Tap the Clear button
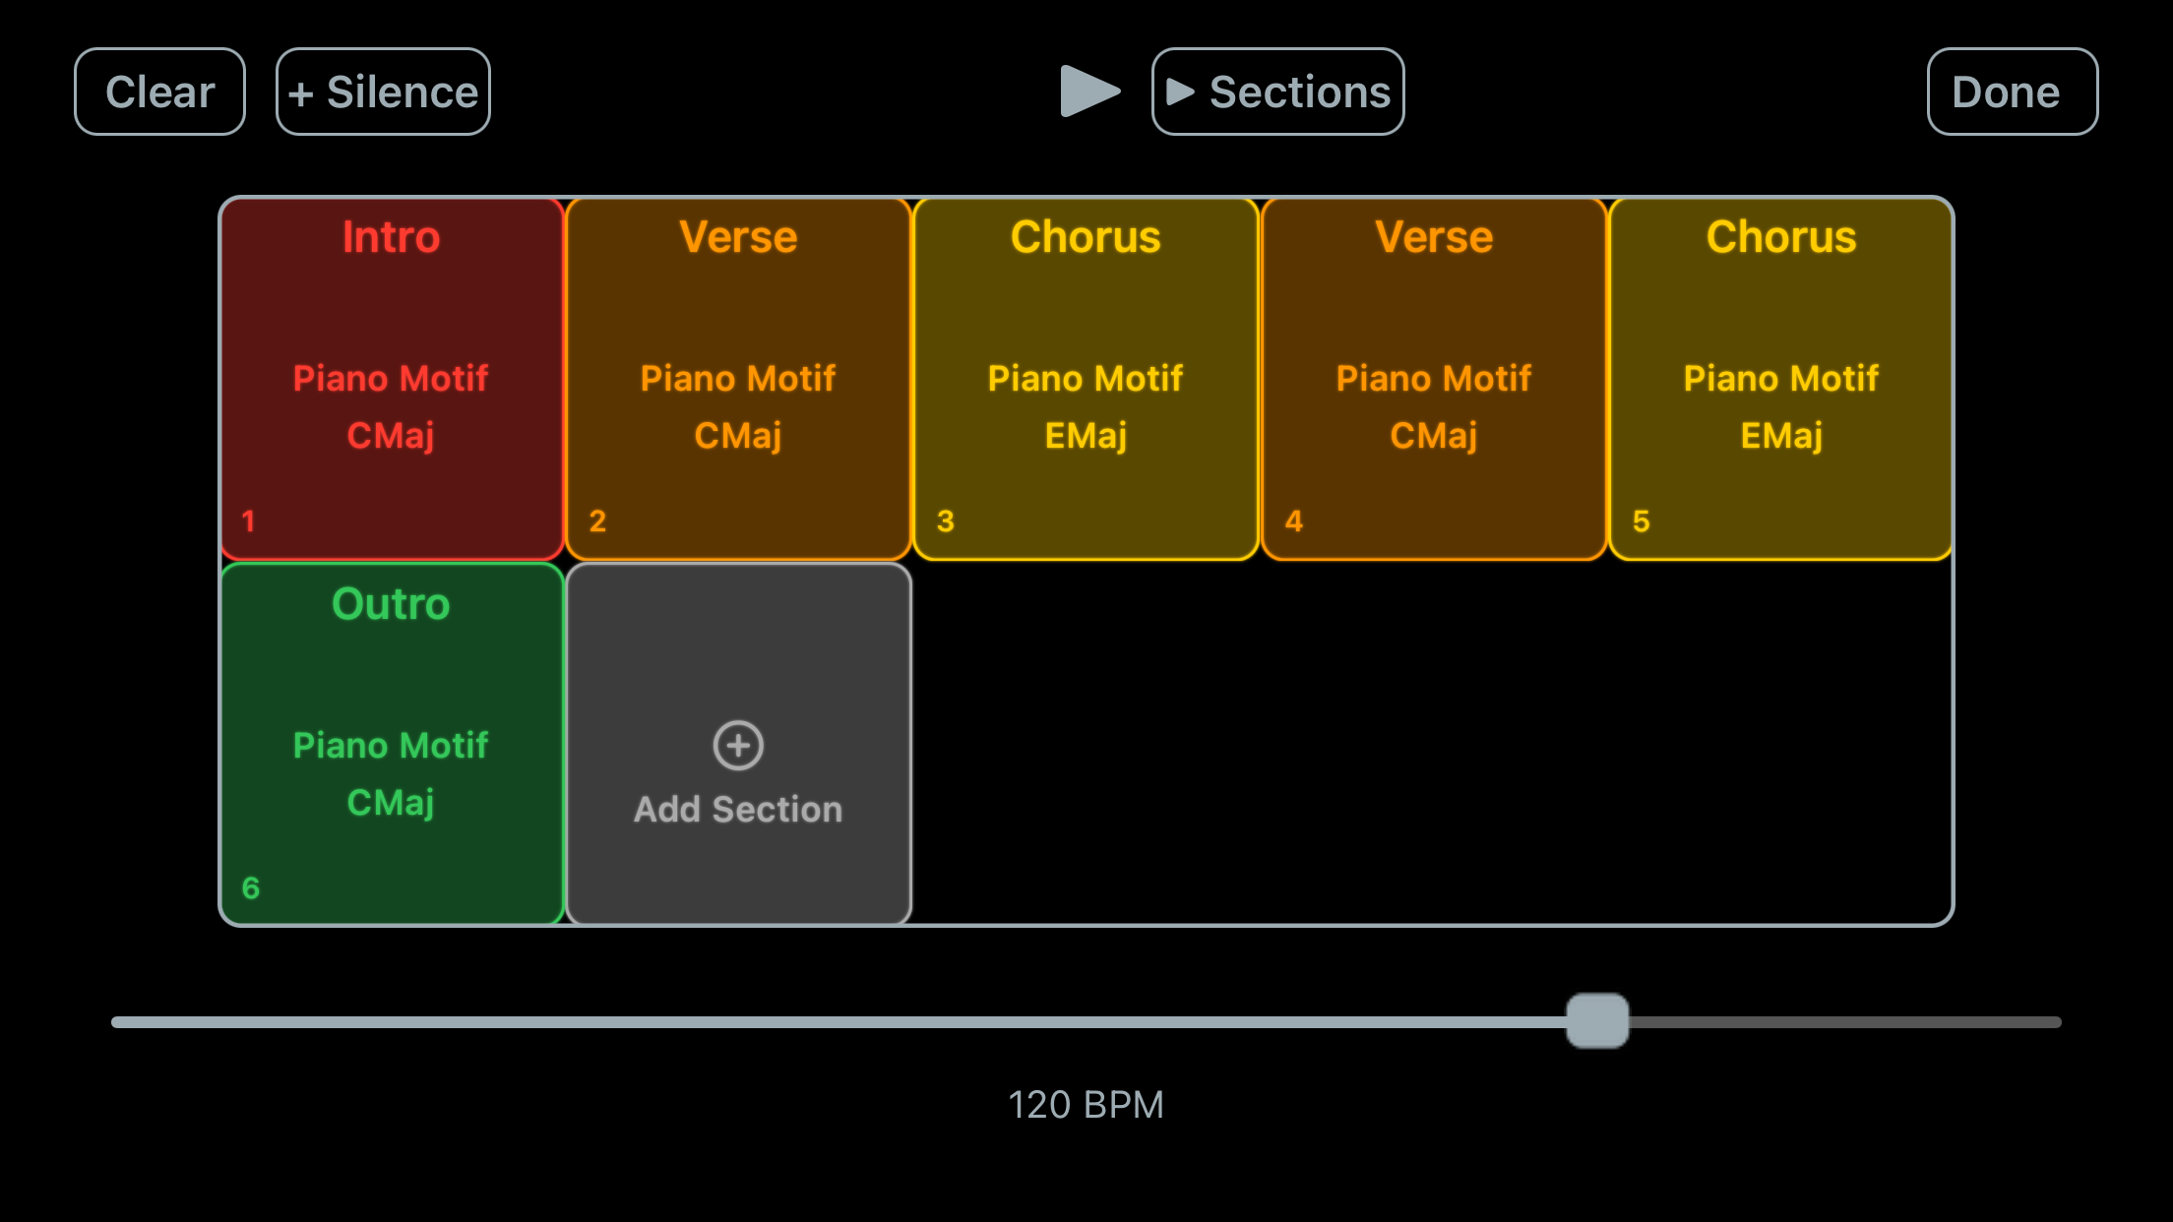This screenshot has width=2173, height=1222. [x=159, y=92]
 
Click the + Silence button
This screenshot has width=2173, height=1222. [x=383, y=92]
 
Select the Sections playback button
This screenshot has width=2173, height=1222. [x=1277, y=92]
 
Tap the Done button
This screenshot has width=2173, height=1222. [x=2012, y=92]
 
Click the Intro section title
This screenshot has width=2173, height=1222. [x=391, y=237]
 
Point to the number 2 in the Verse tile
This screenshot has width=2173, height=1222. [x=597, y=521]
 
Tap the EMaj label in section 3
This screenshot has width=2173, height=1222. [x=1086, y=435]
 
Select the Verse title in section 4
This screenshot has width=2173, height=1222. [x=1434, y=237]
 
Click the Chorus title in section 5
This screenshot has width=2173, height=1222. [x=1781, y=237]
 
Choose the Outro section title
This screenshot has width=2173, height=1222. [x=391, y=604]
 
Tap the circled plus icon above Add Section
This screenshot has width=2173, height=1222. [x=738, y=745]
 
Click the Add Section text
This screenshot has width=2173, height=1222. [x=738, y=810]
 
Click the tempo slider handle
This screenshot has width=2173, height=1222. [x=1597, y=1021]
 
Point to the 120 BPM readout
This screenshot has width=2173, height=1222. [x=1086, y=1105]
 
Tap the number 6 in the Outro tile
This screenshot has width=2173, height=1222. [x=251, y=888]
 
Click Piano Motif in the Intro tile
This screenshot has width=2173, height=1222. [x=391, y=379]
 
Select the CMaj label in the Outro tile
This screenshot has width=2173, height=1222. [x=391, y=803]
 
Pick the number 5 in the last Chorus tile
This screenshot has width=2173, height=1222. [x=1641, y=521]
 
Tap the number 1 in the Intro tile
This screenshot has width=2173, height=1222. [x=249, y=521]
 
